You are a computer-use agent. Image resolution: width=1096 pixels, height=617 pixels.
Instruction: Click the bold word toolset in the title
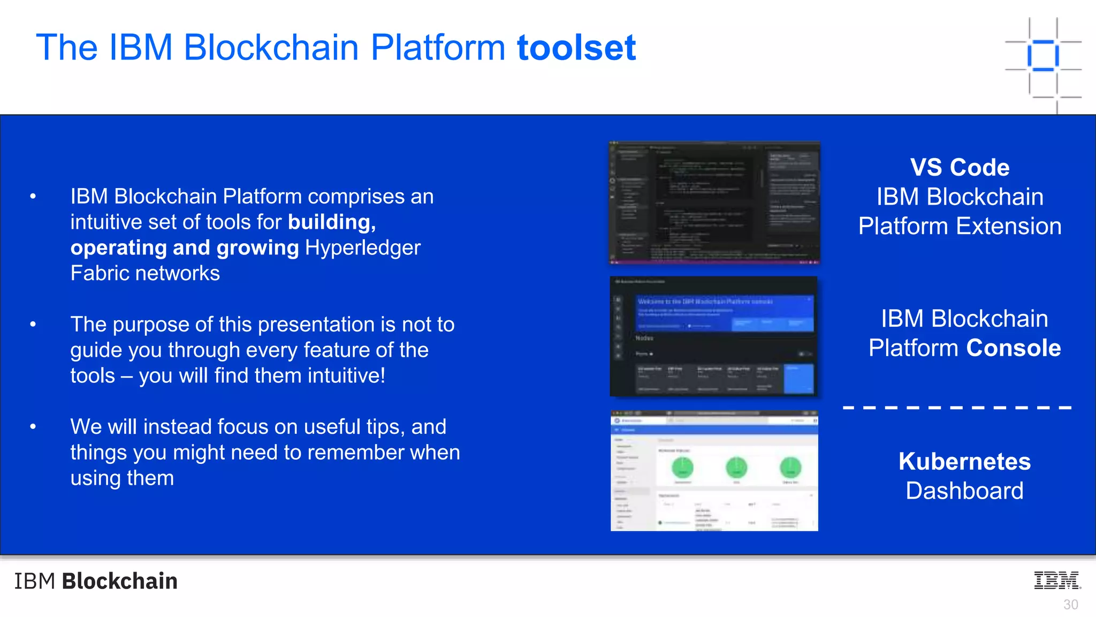[576, 48]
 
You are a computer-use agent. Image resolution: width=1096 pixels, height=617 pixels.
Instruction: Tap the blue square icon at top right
[1043, 55]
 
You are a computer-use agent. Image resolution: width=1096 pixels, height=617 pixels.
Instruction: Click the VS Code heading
[960, 167]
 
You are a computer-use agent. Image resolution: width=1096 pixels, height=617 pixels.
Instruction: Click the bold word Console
[1014, 348]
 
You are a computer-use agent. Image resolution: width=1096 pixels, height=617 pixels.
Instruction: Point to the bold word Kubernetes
[964, 462]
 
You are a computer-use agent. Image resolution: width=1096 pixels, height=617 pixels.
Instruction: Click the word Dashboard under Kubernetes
[964, 491]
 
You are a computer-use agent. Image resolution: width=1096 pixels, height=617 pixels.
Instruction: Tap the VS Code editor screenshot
[714, 203]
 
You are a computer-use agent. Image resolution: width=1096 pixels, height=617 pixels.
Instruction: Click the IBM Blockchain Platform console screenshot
[713, 336]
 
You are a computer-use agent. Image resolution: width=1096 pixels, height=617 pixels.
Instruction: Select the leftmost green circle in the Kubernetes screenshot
[682, 468]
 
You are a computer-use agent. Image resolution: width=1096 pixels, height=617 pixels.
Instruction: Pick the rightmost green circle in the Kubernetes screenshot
[790, 468]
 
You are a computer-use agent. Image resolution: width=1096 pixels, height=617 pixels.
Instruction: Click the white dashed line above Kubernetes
[957, 408]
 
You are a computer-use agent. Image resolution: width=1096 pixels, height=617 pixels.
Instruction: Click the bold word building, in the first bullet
[332, 222]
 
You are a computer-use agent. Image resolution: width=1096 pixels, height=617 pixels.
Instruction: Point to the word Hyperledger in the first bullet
[363, 248]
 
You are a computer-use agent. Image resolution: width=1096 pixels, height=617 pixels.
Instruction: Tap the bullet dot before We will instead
[33, 427]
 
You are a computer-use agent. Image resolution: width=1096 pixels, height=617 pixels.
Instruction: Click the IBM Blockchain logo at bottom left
[96, 581]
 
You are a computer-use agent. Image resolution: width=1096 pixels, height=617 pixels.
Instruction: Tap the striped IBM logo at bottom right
[1057, 581]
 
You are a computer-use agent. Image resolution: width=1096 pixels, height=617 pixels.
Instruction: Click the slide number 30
[1070, 605]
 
